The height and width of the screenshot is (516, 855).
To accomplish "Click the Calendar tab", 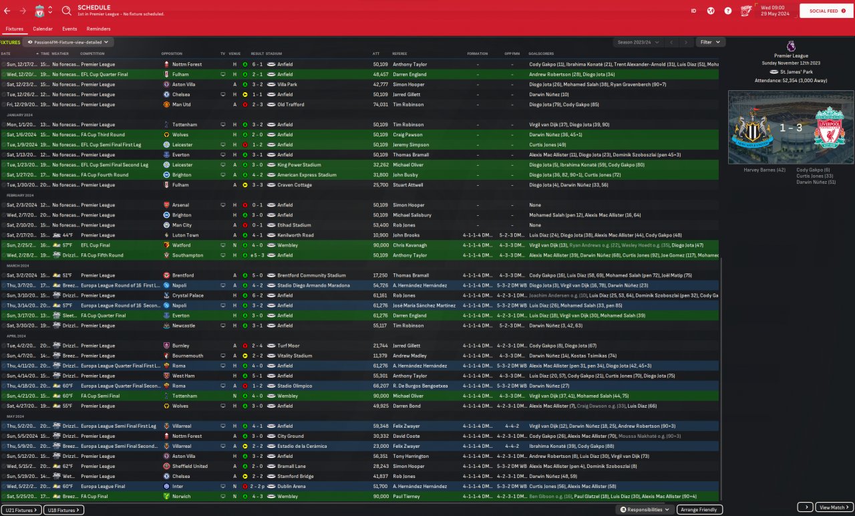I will click(43, 29).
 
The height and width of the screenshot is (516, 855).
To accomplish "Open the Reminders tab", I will click(98, 29).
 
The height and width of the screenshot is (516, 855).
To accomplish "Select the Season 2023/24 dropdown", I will click(639, 42).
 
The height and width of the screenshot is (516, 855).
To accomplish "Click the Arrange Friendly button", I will click(699, 509).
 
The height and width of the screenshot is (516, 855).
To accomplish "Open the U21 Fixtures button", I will click(21, 510).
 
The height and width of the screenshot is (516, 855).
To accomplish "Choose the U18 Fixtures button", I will click(63, 510).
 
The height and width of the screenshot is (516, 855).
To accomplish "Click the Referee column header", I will click(399, 53).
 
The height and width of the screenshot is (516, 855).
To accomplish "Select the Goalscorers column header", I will click(542, 53).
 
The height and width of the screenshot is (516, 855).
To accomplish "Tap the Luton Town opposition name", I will click(186, 235).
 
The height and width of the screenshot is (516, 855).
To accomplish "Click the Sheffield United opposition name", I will click(190, 466).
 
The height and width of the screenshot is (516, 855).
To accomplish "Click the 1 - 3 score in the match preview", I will click(790, 127).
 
